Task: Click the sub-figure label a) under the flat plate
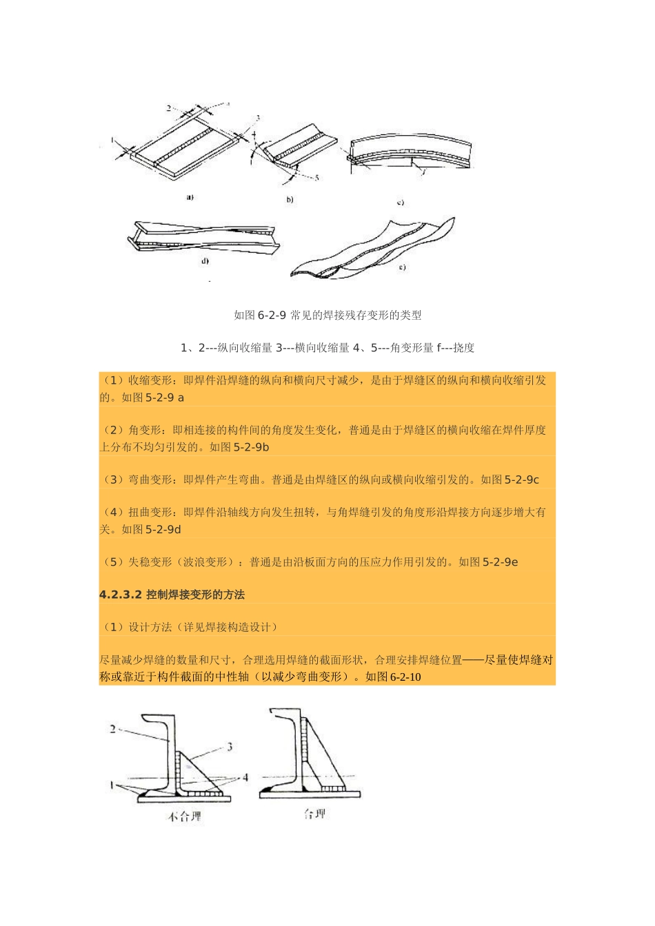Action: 190,197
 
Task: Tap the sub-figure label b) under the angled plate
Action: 290,200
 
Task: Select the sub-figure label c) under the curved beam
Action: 400,203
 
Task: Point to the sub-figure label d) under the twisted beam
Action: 205,261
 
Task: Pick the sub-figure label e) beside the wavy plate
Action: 402,267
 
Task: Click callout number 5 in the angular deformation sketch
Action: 316,178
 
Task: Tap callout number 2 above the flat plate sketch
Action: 169,108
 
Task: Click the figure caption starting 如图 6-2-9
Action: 327,315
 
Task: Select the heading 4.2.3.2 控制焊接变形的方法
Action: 172,594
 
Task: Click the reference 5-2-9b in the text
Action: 252,446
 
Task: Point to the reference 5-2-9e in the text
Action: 501,562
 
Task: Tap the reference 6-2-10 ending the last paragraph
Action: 405,677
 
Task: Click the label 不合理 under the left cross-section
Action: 185,817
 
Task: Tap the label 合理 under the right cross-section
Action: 314,814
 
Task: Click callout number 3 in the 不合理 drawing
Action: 230,746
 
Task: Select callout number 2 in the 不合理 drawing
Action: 113,728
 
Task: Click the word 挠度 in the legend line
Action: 464,347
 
